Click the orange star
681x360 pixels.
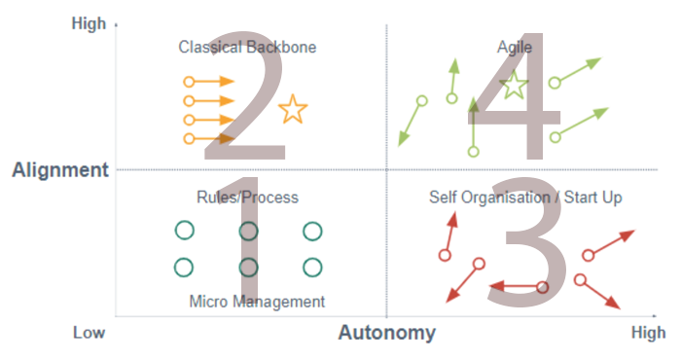(292, 110)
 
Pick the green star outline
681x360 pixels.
(514, 86)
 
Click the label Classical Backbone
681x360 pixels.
(247, 47)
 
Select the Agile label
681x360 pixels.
(514, 47)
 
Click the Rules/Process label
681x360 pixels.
(247, 198)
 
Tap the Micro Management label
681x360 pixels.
(257, 302)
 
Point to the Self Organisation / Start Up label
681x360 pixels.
(525, 198)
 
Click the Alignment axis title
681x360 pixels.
(59, 170)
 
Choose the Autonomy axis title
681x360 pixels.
(386, 333)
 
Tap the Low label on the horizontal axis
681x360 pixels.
(89, 333)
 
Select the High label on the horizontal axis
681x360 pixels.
(649, 333)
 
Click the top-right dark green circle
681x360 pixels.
(312, 231)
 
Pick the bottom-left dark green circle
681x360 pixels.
(184, 267)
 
